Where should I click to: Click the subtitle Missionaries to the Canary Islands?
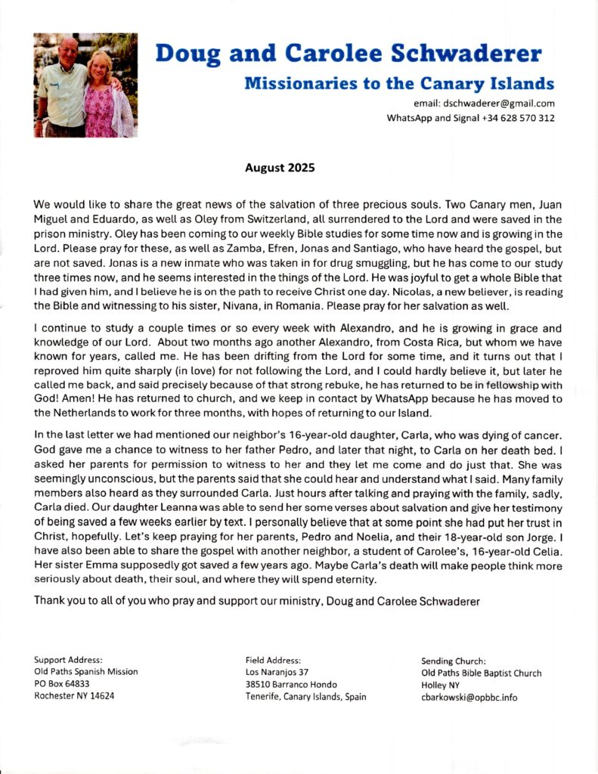coord(399,83)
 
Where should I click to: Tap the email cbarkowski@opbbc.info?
coord(469,698)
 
